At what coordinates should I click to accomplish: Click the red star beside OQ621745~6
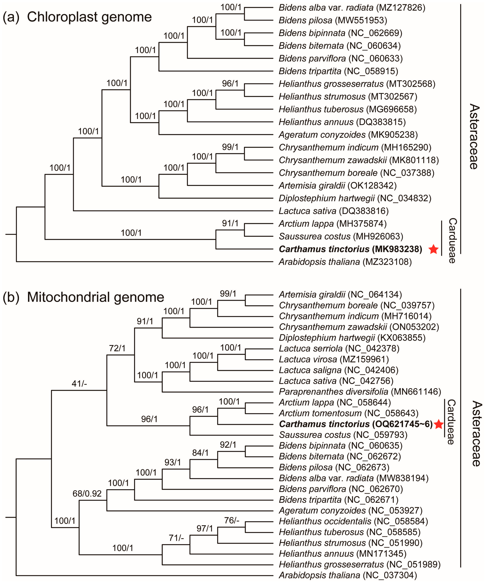[x=439, y=424]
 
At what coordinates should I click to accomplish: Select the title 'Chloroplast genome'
[x=89, y=17]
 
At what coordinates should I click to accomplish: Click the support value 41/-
[x=79, y=384]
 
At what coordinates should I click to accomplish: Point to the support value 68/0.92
[x=87, y=494]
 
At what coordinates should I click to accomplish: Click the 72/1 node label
[x=117, y=348]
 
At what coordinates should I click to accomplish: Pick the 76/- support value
[x=232, y=520]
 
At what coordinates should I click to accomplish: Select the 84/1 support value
[x=200, y=453]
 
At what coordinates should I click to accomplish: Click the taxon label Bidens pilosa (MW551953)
[x=333, y=20]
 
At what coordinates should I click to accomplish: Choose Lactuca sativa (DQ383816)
[x=333, y=211]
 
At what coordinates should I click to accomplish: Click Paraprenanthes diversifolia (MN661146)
[x=360, y=392]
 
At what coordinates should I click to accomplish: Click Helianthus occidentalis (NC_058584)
[x=353, y=521]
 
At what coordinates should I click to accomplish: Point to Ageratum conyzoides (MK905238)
[x=348, y=135]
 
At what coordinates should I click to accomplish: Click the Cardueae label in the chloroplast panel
[x=452, y=241]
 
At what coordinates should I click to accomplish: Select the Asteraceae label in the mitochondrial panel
[x=476, y=434]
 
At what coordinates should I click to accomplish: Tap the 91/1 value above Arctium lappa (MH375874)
[x=230, y=223]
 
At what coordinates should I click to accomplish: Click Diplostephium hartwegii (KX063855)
[x=352, y=338]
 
